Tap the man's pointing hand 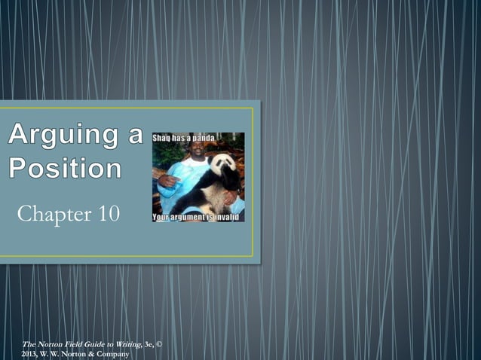(x=168, y=182)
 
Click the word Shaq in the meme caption (x=164, y=138)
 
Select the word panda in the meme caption (x=203, y=138)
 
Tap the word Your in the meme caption (x=162, y=217)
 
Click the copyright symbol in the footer (x=158, y=344)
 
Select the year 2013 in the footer (x=29, y=353)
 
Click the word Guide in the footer (x=90, y=344)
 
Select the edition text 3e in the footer (x=149, y=344)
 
